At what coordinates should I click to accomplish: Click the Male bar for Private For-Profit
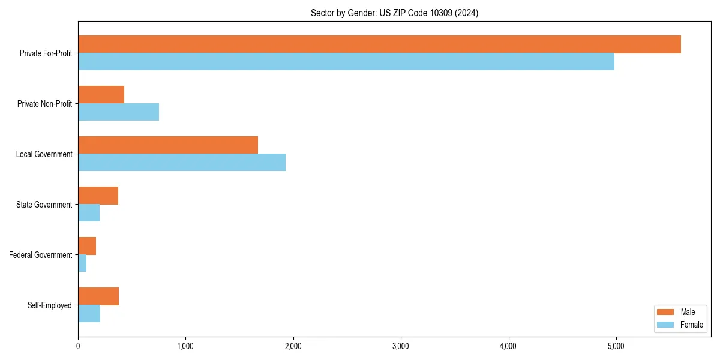(x=379, y=44)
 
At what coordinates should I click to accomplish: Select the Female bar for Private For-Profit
(x=346, y=62)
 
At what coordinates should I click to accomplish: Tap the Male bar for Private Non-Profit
(x=101, y=95)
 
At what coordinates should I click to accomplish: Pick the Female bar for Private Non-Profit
(x=118, y=112)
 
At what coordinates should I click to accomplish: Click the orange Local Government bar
(x=168, y=145)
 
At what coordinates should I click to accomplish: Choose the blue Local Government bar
(x=182, y=163)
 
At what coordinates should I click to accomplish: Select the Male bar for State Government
(x=98, y=196)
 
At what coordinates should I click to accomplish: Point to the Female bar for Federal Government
(x=82, y=263)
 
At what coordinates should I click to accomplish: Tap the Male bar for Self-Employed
(x=98, y=296)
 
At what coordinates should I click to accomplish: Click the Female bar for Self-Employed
(x=89, y=314)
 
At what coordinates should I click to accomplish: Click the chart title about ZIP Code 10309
(x=394, y=13)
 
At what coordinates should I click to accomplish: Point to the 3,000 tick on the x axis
(x=401, y=346)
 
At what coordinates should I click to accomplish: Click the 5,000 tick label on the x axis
(x=616, y=346)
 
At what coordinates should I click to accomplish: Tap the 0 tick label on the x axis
(x=78, y=346)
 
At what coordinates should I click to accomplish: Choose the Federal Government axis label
(x=41, y=255)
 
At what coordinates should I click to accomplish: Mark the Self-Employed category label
(x=50, y=305)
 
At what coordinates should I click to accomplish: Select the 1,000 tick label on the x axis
(x=185, y=346)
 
